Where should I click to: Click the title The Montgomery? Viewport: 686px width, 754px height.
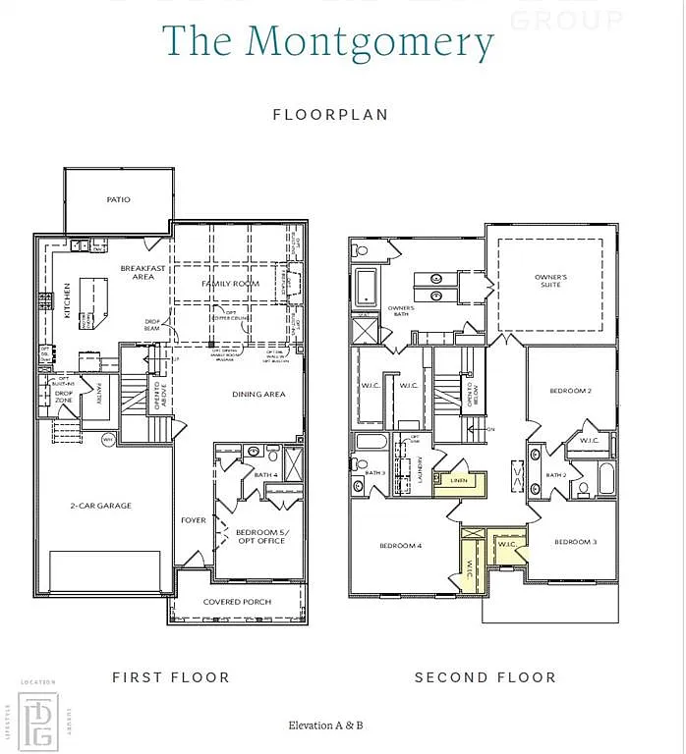click(327, 43)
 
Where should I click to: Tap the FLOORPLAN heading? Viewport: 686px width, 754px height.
click(330, 115)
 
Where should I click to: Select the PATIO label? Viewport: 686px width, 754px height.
click(118, 199)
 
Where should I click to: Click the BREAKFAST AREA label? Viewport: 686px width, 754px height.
click(143, 272)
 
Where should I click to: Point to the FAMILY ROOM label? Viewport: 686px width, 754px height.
click(230, 284)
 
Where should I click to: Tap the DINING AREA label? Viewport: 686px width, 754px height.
click(258, 395)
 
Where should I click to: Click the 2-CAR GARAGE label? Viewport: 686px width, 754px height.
click(100, 506)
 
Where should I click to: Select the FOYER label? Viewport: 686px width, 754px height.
click(194, 520)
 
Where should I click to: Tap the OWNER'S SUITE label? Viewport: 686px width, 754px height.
click(550, 282)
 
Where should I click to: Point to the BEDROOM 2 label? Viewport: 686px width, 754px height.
click(570, 391)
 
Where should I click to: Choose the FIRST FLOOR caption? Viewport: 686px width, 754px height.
click(170, 677)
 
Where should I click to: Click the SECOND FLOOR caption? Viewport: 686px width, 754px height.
click(485, 677)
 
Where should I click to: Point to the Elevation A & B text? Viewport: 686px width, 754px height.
click(325, 726)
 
